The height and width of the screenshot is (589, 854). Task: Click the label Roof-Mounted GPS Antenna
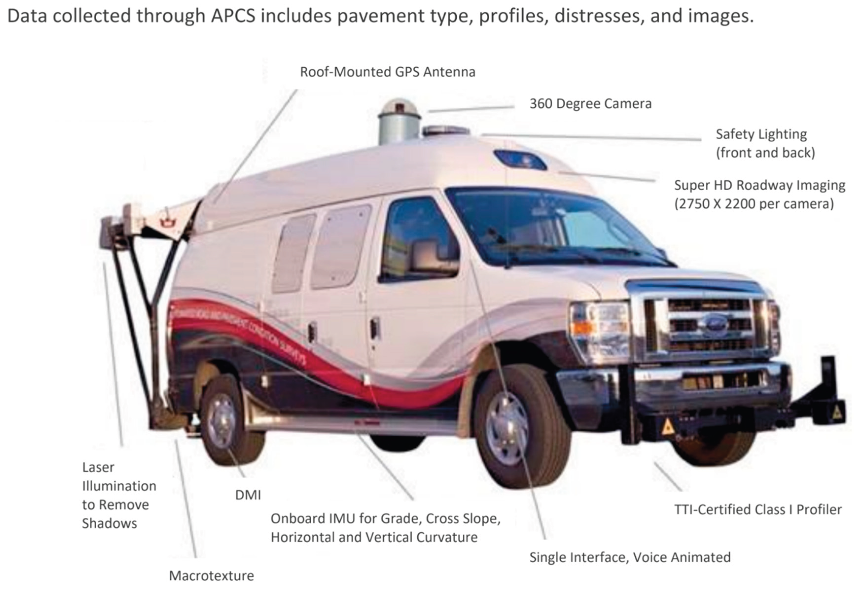(x=387, y=72)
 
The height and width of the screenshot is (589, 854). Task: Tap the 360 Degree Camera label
(x=591, y=104)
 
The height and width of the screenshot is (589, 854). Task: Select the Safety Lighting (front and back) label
(x=765, y=143)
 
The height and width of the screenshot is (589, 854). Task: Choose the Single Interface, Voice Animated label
(x=629, y=557)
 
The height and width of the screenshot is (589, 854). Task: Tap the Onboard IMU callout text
(x=385, y=528)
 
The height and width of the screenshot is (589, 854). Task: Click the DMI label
(x=248, y=495)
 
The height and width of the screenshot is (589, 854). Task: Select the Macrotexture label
(x=211, y=576)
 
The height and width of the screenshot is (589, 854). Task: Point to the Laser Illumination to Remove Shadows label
(x=119, y=495)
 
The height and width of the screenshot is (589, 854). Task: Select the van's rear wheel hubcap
(x=221, y=421)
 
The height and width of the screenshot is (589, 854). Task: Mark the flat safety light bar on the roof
(x=446, y=131)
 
